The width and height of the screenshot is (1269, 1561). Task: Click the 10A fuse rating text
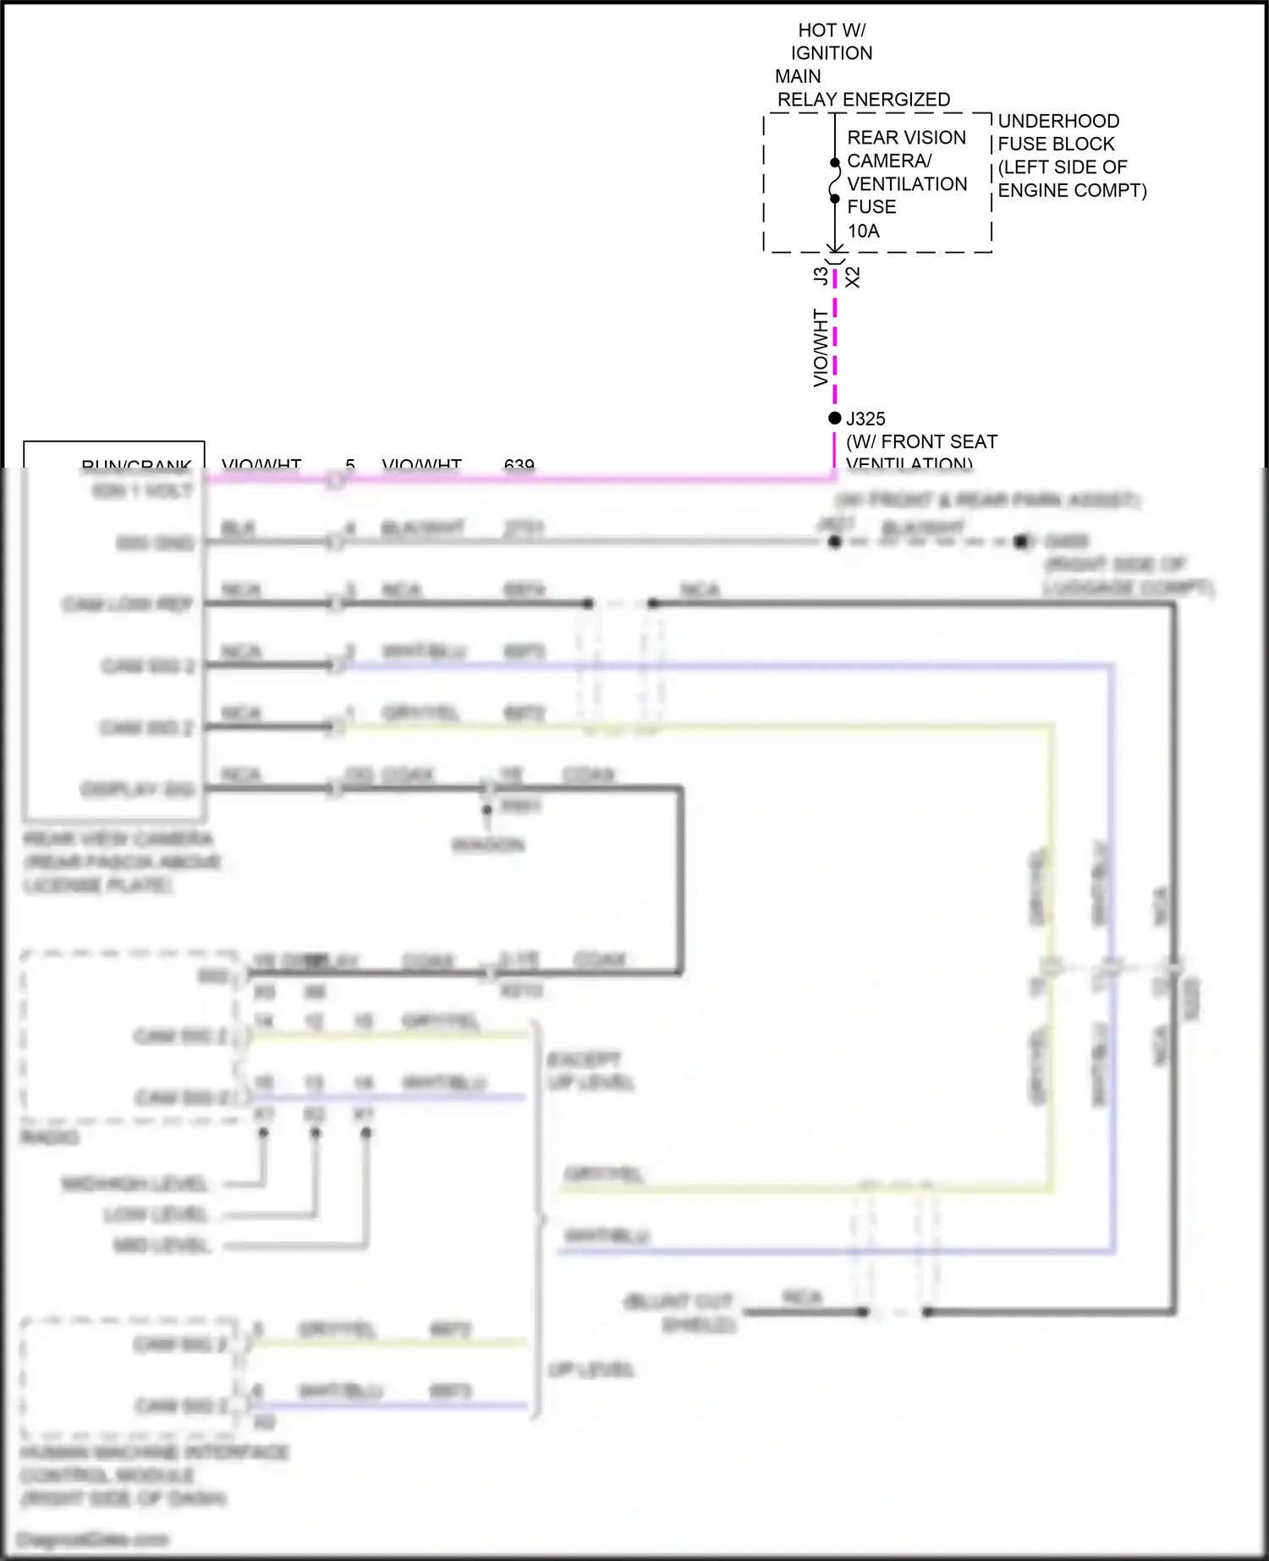[x=863, y=231]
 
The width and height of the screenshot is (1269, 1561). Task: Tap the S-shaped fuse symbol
[x=835, y=181]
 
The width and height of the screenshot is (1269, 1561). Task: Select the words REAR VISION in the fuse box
[x=906, y=137]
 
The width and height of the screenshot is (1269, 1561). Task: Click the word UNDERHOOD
[x=1058, y=121]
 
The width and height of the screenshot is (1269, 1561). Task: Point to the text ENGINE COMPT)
[x=1072, y=190]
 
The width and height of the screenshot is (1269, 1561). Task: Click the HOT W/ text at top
[x=832, y=30]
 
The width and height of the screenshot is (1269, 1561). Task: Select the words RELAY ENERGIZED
[x=864, y=100]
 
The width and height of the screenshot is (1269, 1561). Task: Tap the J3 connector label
[x=820, y=276]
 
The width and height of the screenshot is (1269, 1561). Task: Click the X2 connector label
[x=853, y=277]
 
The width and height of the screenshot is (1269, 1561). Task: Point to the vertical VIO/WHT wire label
[x=820, y=348]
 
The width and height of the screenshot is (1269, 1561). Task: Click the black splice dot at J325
[x=835, y=418]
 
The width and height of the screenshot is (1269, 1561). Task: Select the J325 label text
[x=866, y=419]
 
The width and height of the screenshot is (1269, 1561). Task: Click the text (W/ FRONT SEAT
[x=921, y=441]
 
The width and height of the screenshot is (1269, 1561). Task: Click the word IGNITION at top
[x=832, y=53]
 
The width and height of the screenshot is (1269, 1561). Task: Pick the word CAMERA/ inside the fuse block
[x=888, y=161]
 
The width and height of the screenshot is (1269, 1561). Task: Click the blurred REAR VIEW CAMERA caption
[x=118, y=839]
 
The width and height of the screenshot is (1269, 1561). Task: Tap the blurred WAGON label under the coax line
[x=488, y=844]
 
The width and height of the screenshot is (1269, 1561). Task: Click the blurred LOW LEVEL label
[x=156, y=1214]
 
